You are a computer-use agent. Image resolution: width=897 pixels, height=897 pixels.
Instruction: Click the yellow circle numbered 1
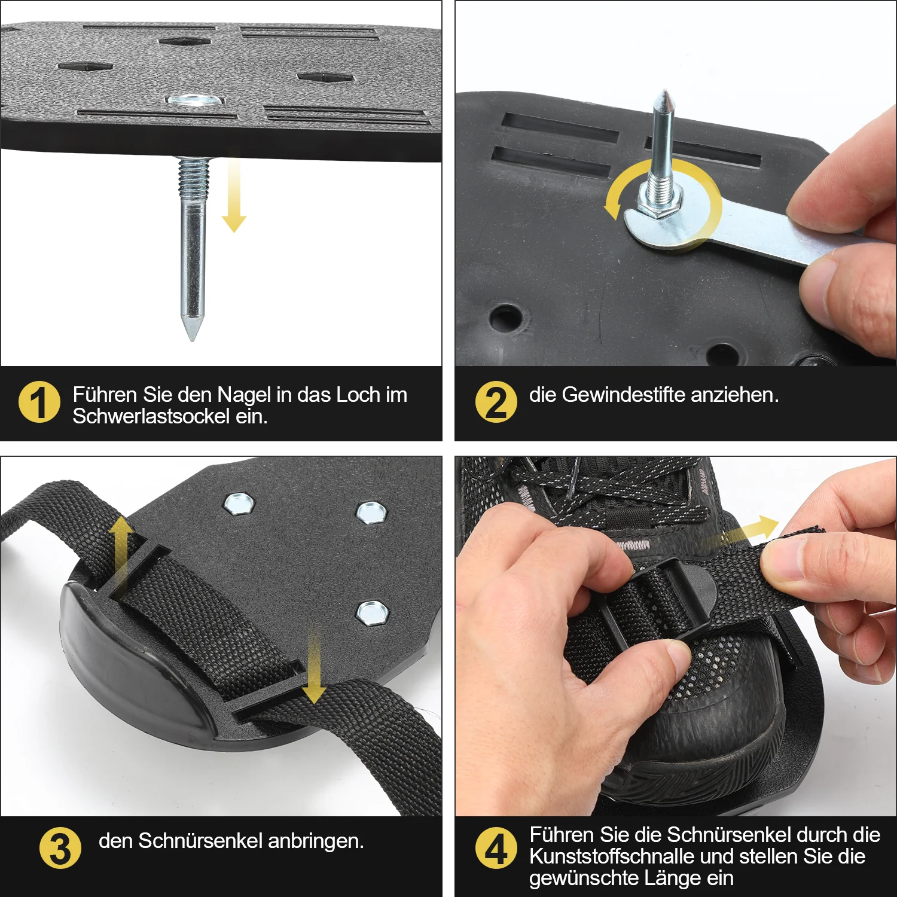(39, 402)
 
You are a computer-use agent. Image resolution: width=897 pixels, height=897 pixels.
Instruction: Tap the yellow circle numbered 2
(496, 402)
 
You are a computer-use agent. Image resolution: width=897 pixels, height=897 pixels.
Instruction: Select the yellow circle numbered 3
(60, 848)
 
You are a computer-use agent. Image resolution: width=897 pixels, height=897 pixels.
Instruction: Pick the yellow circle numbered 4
(496, 848)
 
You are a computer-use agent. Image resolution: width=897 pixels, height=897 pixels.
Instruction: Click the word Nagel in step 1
(243, 395)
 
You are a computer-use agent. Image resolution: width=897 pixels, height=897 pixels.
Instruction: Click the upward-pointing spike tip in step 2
(663, 92)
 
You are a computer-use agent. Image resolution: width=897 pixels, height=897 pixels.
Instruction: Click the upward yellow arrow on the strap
(120, 556)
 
